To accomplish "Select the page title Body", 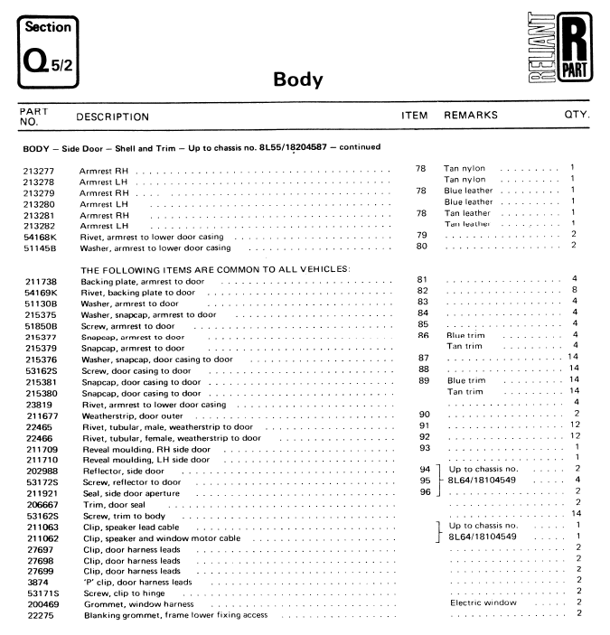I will pyautogui.click(x=298, y=79).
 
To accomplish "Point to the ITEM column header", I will pyautogui.click(x=415, y=117).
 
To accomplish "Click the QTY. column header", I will pyautogui.click(x=576, y=117).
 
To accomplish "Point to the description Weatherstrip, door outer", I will pyautogui.click(x=133, y=414).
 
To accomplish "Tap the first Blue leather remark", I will pyautogui.click(x=468, y=191).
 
